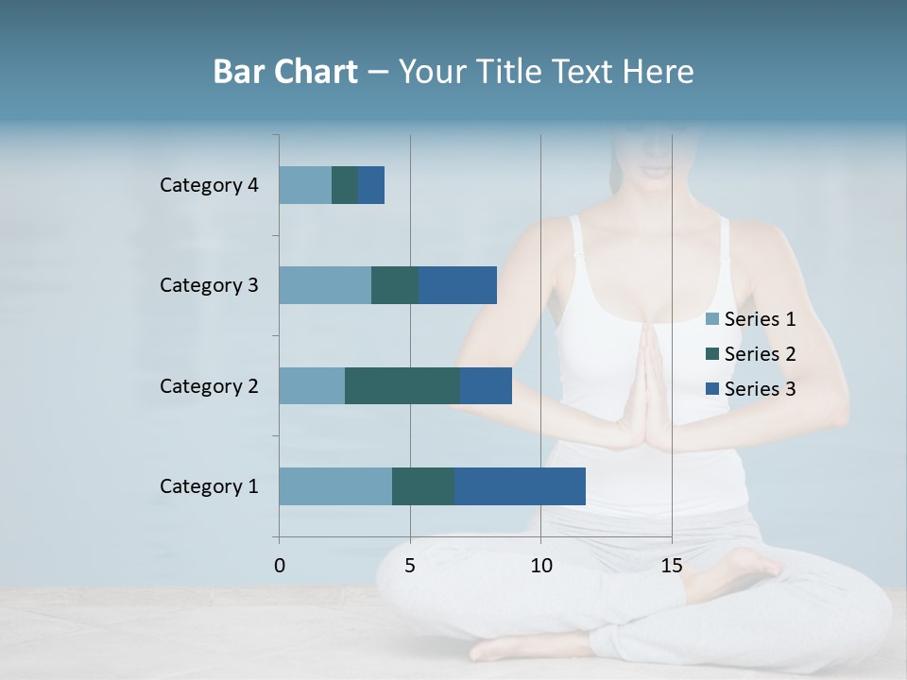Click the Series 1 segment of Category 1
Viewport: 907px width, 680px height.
335,486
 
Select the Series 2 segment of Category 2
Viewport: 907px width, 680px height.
402,385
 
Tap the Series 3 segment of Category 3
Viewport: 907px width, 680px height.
457,285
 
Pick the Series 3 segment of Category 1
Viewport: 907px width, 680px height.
520,486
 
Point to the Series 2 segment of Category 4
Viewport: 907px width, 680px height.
345,185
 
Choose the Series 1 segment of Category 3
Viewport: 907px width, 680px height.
325,285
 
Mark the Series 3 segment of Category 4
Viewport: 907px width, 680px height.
371,185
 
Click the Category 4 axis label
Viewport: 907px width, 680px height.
209,185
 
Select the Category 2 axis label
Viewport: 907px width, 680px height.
209,385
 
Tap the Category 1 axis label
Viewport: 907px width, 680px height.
209,486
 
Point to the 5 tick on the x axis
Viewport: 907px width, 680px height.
410,566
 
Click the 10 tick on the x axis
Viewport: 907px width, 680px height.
540,566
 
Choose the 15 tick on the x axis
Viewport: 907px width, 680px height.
671,566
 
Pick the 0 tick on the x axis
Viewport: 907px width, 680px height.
280,566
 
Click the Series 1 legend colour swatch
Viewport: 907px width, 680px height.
712,319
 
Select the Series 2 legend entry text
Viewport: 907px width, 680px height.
760,354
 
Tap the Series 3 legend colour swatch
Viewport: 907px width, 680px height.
712,389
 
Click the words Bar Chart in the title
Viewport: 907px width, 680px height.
285,72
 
